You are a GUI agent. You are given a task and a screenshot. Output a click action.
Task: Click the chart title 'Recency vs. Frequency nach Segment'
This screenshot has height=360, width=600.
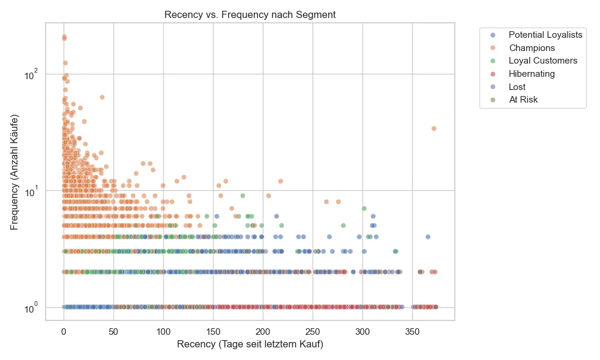tap(250, 15)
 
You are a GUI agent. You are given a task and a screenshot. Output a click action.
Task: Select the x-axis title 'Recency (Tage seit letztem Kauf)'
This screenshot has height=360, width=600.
tap(250, 344)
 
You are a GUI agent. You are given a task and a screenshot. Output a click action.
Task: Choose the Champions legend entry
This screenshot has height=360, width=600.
tap(532, 48)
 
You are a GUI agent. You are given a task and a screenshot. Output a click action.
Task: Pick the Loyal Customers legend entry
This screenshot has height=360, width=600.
tap(542, 61)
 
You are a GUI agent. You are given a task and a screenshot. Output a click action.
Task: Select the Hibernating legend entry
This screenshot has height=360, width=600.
tap(532, 74)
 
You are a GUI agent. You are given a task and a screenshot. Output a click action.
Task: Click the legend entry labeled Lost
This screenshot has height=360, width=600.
tap(517, 87)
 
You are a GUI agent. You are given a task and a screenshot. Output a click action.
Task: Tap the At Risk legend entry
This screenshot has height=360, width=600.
tap(523, 100)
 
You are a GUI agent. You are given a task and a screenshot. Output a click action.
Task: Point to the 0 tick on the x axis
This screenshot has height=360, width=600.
tap(64, 331)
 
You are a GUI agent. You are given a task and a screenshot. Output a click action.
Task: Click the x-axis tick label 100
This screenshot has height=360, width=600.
tap(163, 331)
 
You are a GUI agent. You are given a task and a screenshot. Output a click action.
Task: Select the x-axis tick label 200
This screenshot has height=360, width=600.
tap(263, 331)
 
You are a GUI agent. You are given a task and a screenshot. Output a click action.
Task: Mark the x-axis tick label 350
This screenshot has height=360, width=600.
tap(412, 331)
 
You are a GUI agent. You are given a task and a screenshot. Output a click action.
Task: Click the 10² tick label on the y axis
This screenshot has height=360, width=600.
tap(31, 74)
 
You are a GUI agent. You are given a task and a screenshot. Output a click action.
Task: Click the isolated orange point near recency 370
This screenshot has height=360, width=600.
tap(434, 128)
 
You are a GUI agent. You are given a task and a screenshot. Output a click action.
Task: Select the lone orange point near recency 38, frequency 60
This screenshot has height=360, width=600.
tap(102, 97)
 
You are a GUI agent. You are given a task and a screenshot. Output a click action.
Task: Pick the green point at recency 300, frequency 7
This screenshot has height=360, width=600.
tap(364, 209)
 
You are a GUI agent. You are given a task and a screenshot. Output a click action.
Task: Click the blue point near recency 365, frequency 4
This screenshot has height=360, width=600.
tap(428, 237)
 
